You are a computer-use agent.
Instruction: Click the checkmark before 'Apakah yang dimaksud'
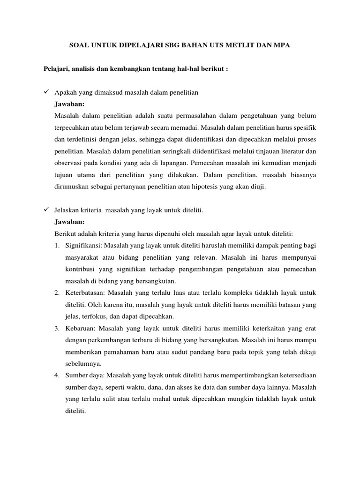coord(46,92)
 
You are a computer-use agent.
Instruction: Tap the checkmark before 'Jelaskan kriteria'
coord(46,210)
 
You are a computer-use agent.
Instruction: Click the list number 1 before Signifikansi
coord(56,245)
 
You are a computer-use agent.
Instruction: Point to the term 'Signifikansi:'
coord(84,245)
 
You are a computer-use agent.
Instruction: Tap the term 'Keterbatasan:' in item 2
coord(86,292)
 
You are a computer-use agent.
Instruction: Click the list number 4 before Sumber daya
coord(56,375)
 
